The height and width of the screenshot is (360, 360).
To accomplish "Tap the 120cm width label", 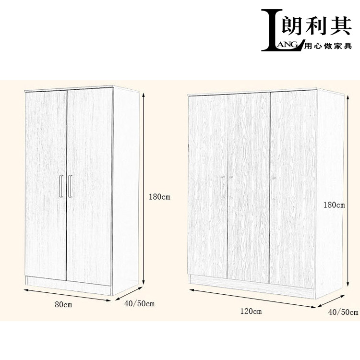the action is (251, 312).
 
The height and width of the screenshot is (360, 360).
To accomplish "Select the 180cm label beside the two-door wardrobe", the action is (159, 197).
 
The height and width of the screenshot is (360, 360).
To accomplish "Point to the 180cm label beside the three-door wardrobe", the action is (334, 205).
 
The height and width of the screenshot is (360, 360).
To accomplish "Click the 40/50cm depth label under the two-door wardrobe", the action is (139, 304).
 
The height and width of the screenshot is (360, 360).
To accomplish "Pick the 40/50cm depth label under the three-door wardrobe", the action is (343, 312).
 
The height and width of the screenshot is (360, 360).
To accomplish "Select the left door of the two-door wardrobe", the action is (46, 182).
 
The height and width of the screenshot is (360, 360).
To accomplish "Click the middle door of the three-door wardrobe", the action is (248, 187).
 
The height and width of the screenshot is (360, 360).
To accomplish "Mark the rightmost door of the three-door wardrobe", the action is (293, 187).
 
